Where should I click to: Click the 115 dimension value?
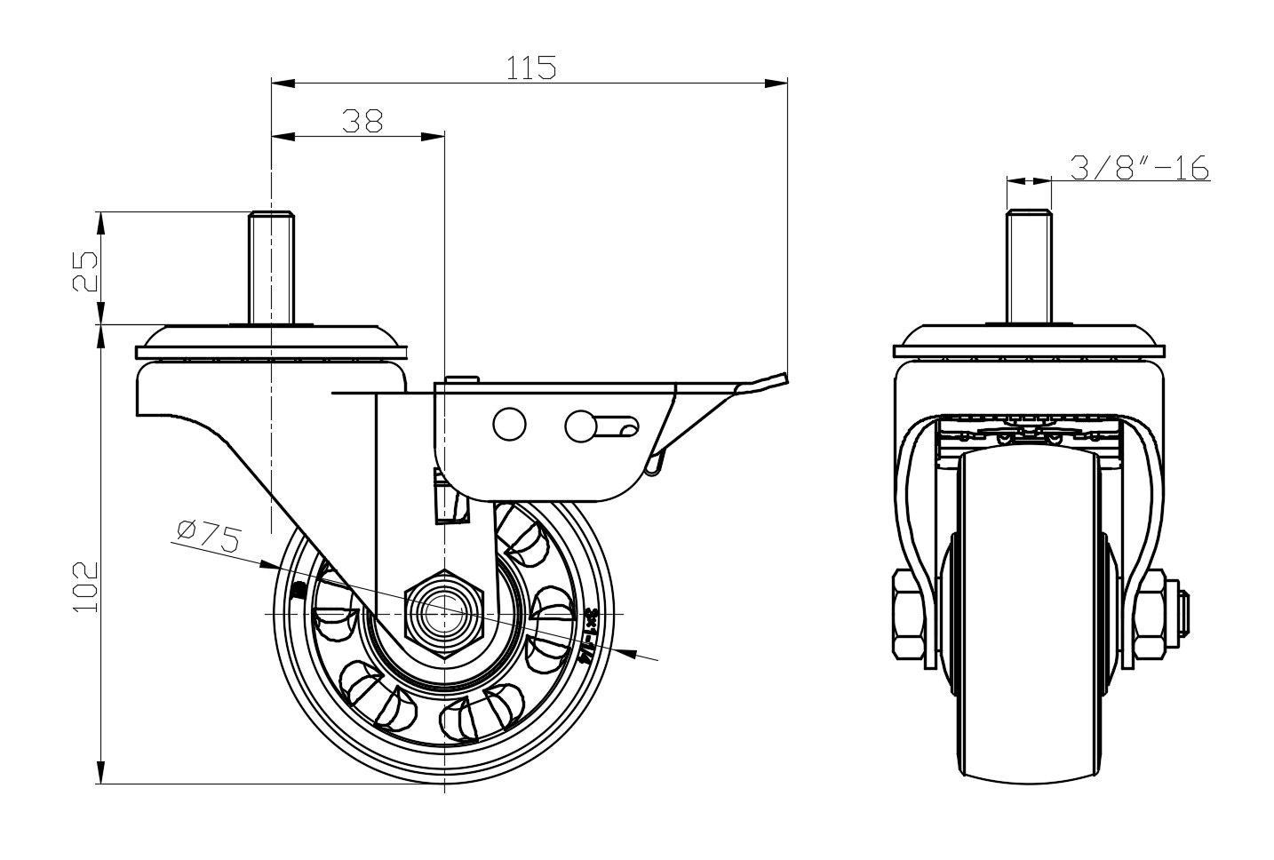click(x=531, y=68)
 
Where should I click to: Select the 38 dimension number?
click(x=362, y=121)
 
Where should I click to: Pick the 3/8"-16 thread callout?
click(x=1140, y=167)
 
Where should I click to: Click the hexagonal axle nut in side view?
click(x=442, y=613)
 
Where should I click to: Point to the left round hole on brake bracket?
click(x=509, y=424)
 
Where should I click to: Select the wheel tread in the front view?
click(x=1028, y=622)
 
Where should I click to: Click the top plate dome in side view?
click(x=271, y=338)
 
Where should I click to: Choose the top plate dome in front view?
click(x=1028, y=338)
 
